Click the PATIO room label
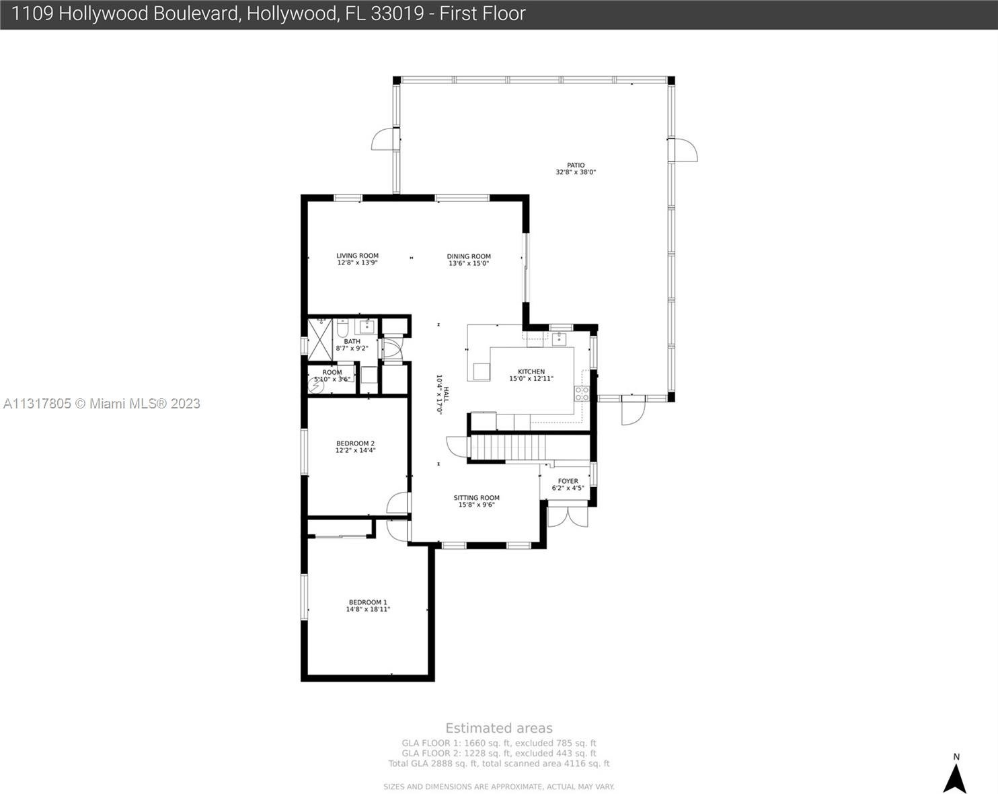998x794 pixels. [576, 166]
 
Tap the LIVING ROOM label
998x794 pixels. [357, 256]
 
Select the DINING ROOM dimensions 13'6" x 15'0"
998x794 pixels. [468, 264]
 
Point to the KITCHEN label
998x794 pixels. [531, 371]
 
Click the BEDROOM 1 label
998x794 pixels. [368, 602]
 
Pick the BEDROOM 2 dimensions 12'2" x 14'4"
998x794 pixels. [355, 450]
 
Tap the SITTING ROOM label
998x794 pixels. [476, 498]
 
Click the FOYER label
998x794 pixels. [568, 481]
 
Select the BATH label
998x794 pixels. [352, 342]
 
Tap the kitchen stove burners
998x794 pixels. [582, 394]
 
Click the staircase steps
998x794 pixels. [508, 447]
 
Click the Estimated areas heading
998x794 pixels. [499, 728]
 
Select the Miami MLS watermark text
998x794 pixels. [102, 404]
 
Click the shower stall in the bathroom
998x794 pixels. [320, 340]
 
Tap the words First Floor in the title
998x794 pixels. [482, 13]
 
